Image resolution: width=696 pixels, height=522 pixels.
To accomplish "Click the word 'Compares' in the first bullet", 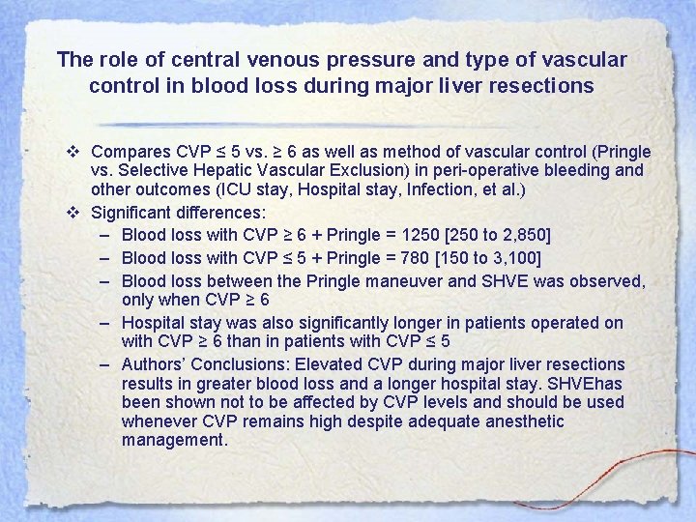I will coord(130,152).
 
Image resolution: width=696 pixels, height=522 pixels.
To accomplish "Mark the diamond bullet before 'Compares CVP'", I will coord(73,152).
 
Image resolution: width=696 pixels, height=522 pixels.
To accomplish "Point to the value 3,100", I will coord(511,258).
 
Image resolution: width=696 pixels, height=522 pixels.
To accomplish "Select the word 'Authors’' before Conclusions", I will coord(154,364).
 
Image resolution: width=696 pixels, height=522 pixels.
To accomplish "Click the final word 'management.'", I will coord(174,440).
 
